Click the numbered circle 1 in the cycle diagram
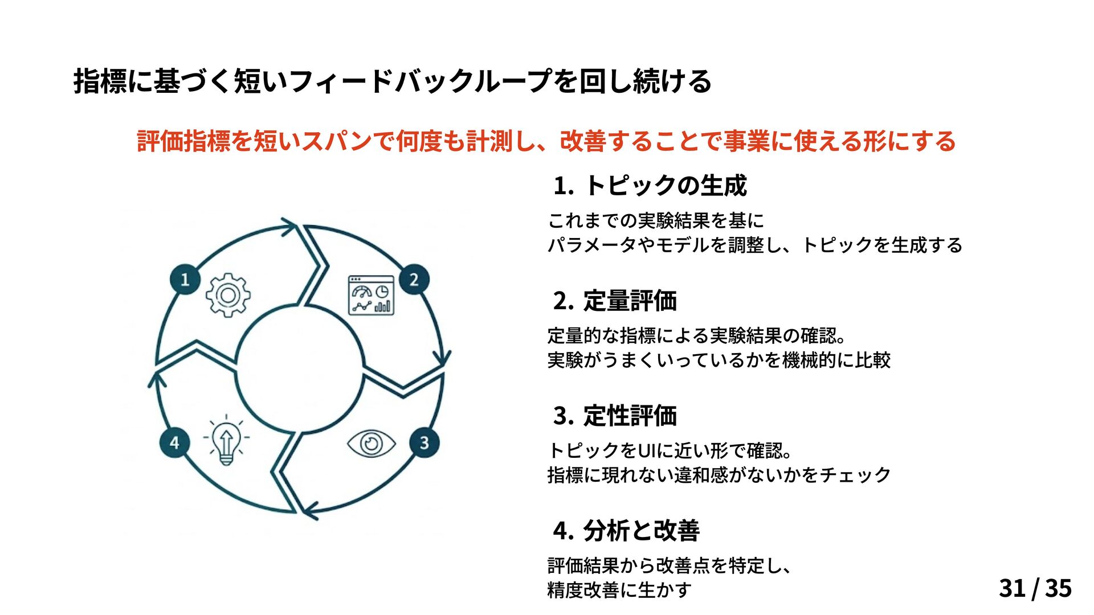pyautogui.click(x=185, y=280)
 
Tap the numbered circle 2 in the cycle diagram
pyautogui.click(x=414, y=280)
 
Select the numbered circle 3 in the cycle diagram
pyautogui.click(x=424, y=442)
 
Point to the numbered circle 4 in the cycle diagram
pyautogui.click(x=174, y=442)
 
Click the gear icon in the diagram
pyautogui.click(x=228, y=295)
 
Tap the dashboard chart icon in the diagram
pyautogui.click(x=371, y=296)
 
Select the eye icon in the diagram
pyautogui.click(x=372, y=444)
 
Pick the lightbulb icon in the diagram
pyautogui.click(x=226, y=440)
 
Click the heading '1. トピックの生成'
pyautogui.click(x=650, y=186)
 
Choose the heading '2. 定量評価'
pyautogui.click(x=615, y=301)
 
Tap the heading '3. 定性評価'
pyautogui.click(x=615, y=416)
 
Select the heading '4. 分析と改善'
pyautogui.click(x=626, y=531)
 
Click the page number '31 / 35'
pyautogui.click(x=1035, y=588)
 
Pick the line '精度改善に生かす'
pyautogui.click(x=619, y=590)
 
